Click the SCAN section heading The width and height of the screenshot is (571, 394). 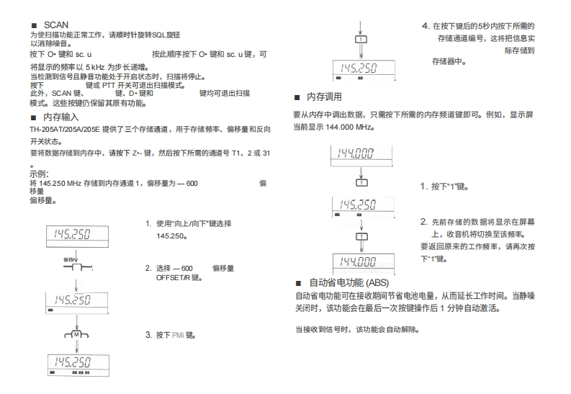[x=55, y=24]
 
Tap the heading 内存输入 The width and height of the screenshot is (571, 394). [x=60, y=116]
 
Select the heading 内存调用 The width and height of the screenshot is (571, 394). [x=324, y=97]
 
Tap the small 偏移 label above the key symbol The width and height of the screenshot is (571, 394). [x=70, y=257]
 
